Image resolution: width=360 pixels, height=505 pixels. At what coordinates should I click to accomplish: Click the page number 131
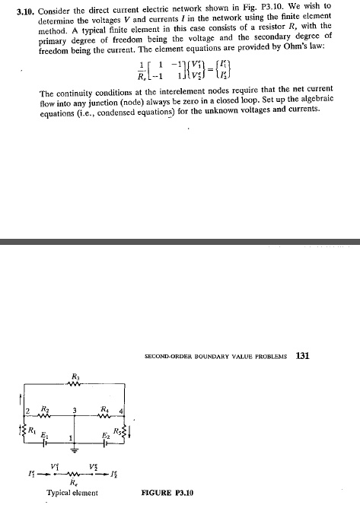[x=301, y=354]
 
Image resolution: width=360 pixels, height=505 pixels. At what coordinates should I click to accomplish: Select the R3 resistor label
[x=75, y=376]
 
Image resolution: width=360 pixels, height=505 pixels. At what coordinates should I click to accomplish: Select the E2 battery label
[x=105, y=433]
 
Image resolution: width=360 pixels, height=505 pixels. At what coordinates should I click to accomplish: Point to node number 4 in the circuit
[x=119, y=411]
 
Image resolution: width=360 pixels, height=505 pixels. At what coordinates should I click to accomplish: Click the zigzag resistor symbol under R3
[x=75, y=383]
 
